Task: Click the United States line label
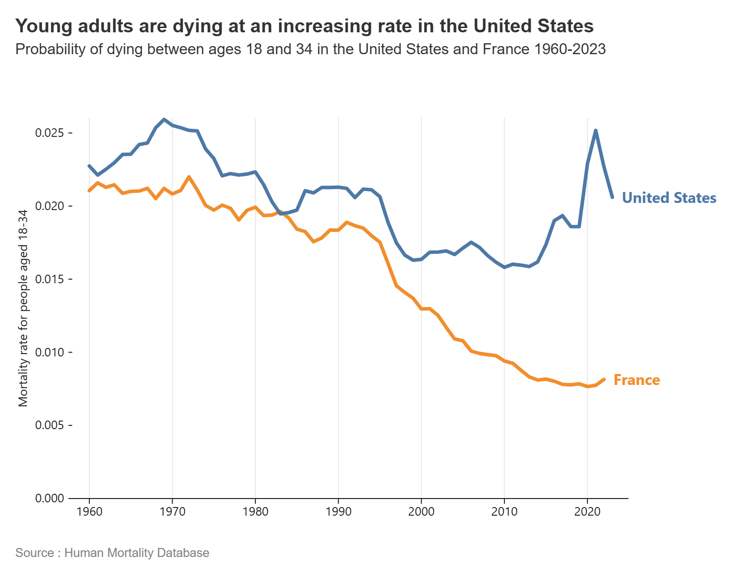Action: coord(669,198)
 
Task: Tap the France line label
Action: coord(637,380)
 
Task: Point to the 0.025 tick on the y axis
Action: coord(49,133)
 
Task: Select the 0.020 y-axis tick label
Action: coord(49,206)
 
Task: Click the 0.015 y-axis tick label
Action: coord(49,279)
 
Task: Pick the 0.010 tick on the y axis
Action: coord(49,353)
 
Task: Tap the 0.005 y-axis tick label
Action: coord(49,425)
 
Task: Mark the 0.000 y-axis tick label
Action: coord(49,499)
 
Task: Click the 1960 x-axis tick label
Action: coord(89,512)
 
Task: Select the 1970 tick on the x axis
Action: coord(172,512)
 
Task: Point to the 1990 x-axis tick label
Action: coord(338,512)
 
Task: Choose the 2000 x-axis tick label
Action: coord(421,512)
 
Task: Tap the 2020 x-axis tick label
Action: coord(587,512)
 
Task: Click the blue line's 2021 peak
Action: coord(596,131)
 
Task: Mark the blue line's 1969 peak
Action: coord(164,119)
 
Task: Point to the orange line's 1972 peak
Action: coord(189,177)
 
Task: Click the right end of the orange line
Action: coord(604,379)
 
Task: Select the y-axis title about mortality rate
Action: coord(23,308)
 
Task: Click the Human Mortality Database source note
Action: coord(112,553)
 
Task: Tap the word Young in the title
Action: coord(42,26)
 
